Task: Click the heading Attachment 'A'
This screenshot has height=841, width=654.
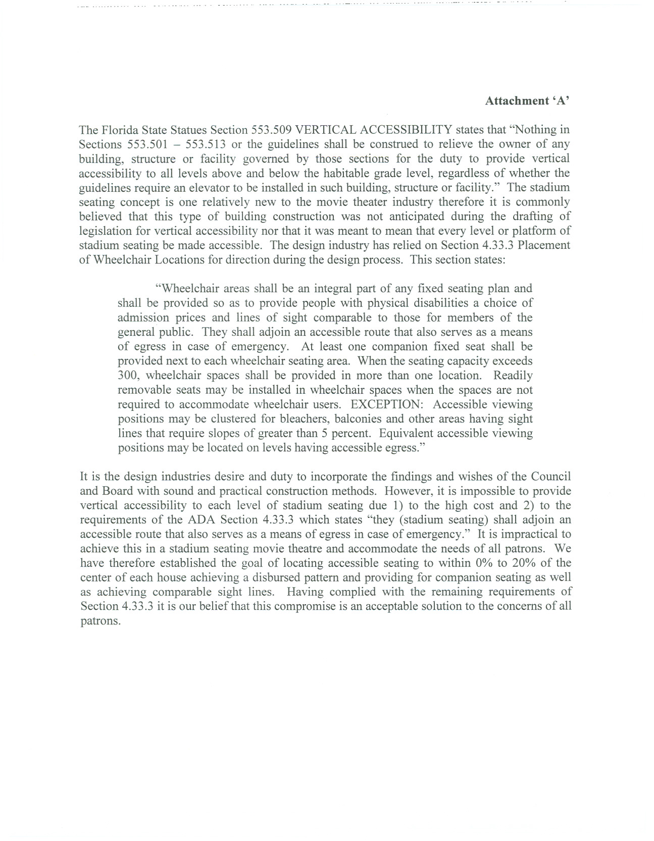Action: coord(527,101)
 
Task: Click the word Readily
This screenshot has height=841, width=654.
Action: coord(513,376)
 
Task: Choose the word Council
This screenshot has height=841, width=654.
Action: coord(551,477)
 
